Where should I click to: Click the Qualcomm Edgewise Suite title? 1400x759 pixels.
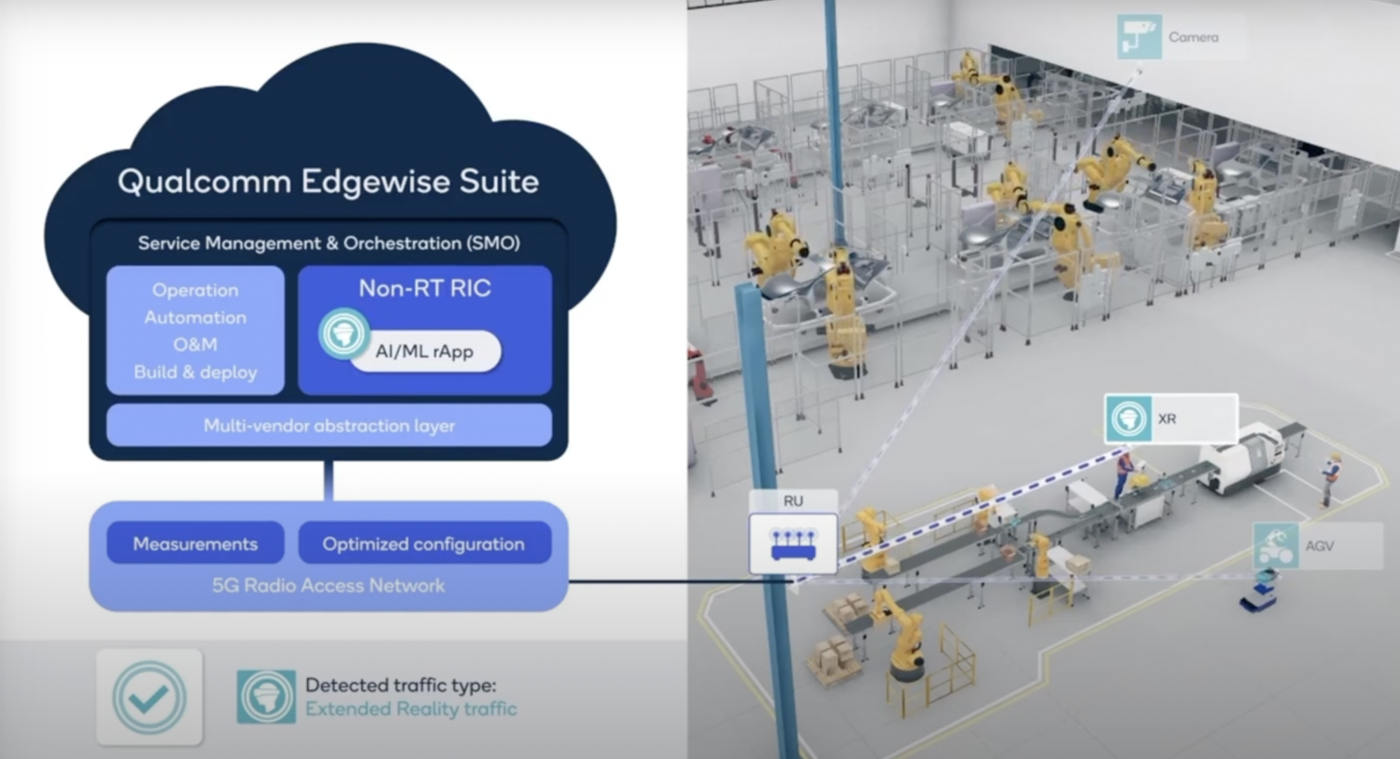tap(328, 181)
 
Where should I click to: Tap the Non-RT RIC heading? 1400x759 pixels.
tap(424, 288)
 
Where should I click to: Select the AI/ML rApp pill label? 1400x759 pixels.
tap(424, 351)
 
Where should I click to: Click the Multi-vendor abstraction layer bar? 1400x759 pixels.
tap(329, 425)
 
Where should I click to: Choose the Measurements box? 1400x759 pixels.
tap(195, 543)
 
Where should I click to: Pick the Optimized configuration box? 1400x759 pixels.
tap(424, 543)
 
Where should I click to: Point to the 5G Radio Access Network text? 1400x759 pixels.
tap(328, 585)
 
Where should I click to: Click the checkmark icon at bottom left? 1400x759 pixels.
tap(149, 697)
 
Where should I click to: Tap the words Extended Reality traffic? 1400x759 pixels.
tap(411, 709)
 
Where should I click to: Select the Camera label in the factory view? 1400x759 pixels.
tap(1193, 37)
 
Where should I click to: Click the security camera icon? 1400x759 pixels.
tap(1139, 37)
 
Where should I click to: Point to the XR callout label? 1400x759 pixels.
tap(1167, 419)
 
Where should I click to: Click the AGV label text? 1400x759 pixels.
tap(1320, 546)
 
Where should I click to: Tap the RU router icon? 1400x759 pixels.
tap(793, 544)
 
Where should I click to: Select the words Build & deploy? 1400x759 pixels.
tap(195, 372)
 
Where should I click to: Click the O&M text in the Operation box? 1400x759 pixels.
tap(195, 344)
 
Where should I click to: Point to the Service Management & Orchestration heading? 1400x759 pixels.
tap(329, 243)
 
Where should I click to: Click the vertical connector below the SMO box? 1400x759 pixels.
tap(328, 481)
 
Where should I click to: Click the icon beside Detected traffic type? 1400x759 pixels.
tap(266, 697)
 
